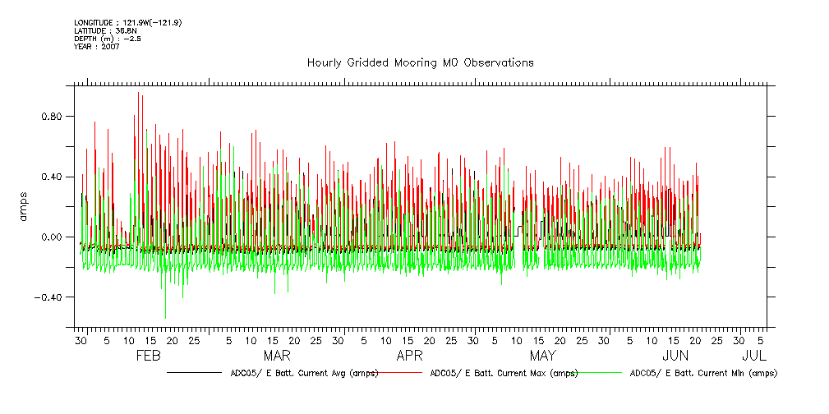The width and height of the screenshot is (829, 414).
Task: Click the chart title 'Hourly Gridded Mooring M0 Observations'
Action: pos(420,62)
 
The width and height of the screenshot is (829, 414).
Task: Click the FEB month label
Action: pos(147,356)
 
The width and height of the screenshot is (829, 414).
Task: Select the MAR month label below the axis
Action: pos(277,356)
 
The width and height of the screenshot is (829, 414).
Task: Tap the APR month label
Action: pos(409,356)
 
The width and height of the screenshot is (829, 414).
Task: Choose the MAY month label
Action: pos(542,356)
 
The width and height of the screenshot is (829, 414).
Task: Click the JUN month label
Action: pos(675,356)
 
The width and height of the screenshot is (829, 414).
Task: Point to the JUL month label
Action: pos(754,356)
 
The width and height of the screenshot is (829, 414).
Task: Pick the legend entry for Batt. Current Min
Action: pos(702,373)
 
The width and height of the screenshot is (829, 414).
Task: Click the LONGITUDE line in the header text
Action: pos(127,22)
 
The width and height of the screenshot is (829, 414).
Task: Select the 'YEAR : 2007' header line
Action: pos(97,47)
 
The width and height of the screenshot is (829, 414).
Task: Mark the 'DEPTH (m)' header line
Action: pos(108,39)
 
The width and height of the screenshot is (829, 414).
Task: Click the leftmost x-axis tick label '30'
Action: pos(81,340)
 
